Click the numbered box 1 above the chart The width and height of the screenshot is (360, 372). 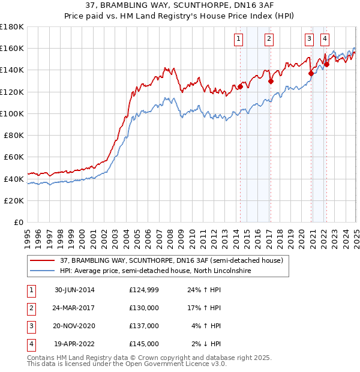point(239,39)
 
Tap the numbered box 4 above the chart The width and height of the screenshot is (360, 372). point(325,39)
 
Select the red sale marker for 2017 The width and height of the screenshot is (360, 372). point(271,81)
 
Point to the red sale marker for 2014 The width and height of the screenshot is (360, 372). point(240,86)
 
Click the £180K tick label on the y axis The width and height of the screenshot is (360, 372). point(12,26)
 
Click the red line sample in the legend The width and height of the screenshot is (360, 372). point(42,260)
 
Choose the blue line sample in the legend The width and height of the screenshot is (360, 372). point(42,271)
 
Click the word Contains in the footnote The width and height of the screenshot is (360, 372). point(41,358)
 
